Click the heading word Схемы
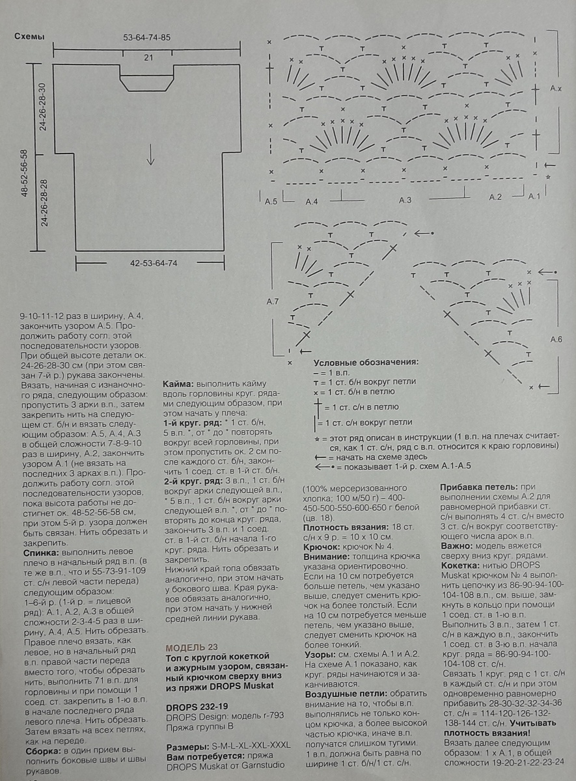click(x=29, y=37)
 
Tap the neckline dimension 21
click(x=148, y=58)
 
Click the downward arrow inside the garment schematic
click(x=150, y=155)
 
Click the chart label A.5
click(x=271, y=202)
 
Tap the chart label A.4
click(x=311, y=202)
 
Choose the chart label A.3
click(x=405, y=200)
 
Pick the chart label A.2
click(x=495, y=197)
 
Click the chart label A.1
click(x=534, y=197)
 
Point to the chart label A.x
click(x=555, y=88)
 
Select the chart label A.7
click(x=273, y=301)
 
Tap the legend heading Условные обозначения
click(x=365, y=362)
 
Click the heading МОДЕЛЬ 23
click(x=192, y=648)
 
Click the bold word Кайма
click(x=177, y=385)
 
